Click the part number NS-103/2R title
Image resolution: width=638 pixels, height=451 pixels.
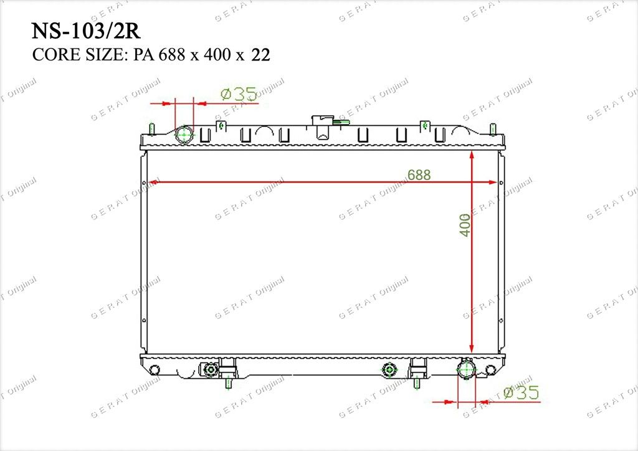coord(86,31)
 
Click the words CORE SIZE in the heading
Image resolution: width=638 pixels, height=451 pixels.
coord(77,54)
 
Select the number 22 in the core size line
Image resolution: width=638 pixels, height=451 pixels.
coord(261,54)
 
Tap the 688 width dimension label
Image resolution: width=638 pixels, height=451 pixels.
coord(419,175)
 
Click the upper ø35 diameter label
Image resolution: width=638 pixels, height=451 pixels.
coord(239,94)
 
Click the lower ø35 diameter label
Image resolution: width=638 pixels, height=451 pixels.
coord(521,392)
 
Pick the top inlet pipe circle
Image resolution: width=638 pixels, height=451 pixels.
coord(185,134)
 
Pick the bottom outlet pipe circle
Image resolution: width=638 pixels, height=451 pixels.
coord(466,369)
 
